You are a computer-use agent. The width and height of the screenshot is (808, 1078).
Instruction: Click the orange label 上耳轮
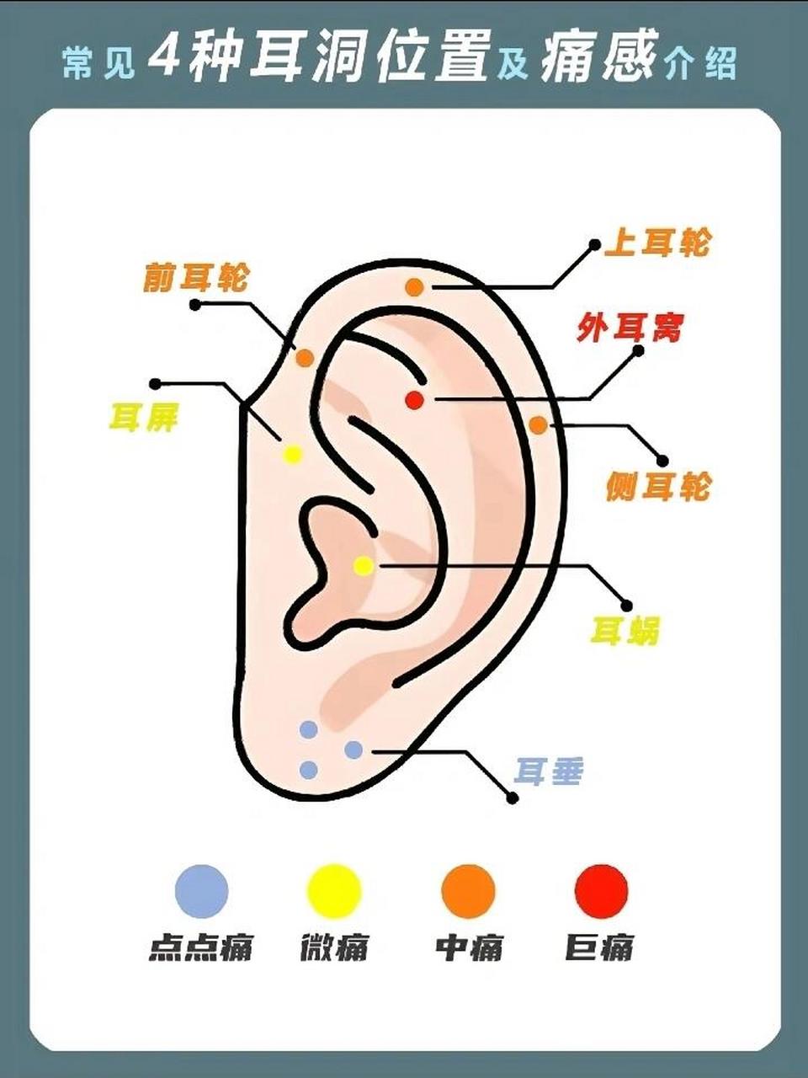(x=656, y=243)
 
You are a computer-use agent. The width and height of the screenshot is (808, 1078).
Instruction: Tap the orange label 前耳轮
(x=196, y=278)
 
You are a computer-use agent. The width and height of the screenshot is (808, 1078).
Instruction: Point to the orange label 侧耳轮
(x=658, y=487)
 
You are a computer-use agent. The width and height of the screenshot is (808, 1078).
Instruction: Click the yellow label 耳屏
(x=143, y=418)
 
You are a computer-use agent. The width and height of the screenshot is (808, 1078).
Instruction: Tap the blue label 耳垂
(x=548, y=771)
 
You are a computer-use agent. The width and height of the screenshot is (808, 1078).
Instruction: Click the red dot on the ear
(x=415, y=400)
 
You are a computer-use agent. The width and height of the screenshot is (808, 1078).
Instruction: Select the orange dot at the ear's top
(x=415, y=287)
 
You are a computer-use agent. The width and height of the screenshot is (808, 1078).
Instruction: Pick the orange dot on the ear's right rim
(x=538, y=424)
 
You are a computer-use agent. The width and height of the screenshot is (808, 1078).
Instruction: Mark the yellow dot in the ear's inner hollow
(x=364, y=566)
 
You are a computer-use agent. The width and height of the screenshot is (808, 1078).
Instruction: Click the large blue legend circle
(x=202, y=889)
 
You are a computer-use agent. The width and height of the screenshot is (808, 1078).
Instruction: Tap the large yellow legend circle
(x=333, y=889)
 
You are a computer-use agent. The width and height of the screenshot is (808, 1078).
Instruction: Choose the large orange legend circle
(x=469, y=889)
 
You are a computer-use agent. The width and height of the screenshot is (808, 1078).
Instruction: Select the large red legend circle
(x=601, y=889)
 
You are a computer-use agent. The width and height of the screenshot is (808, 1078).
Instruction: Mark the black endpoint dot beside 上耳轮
(x=595, y=244)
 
